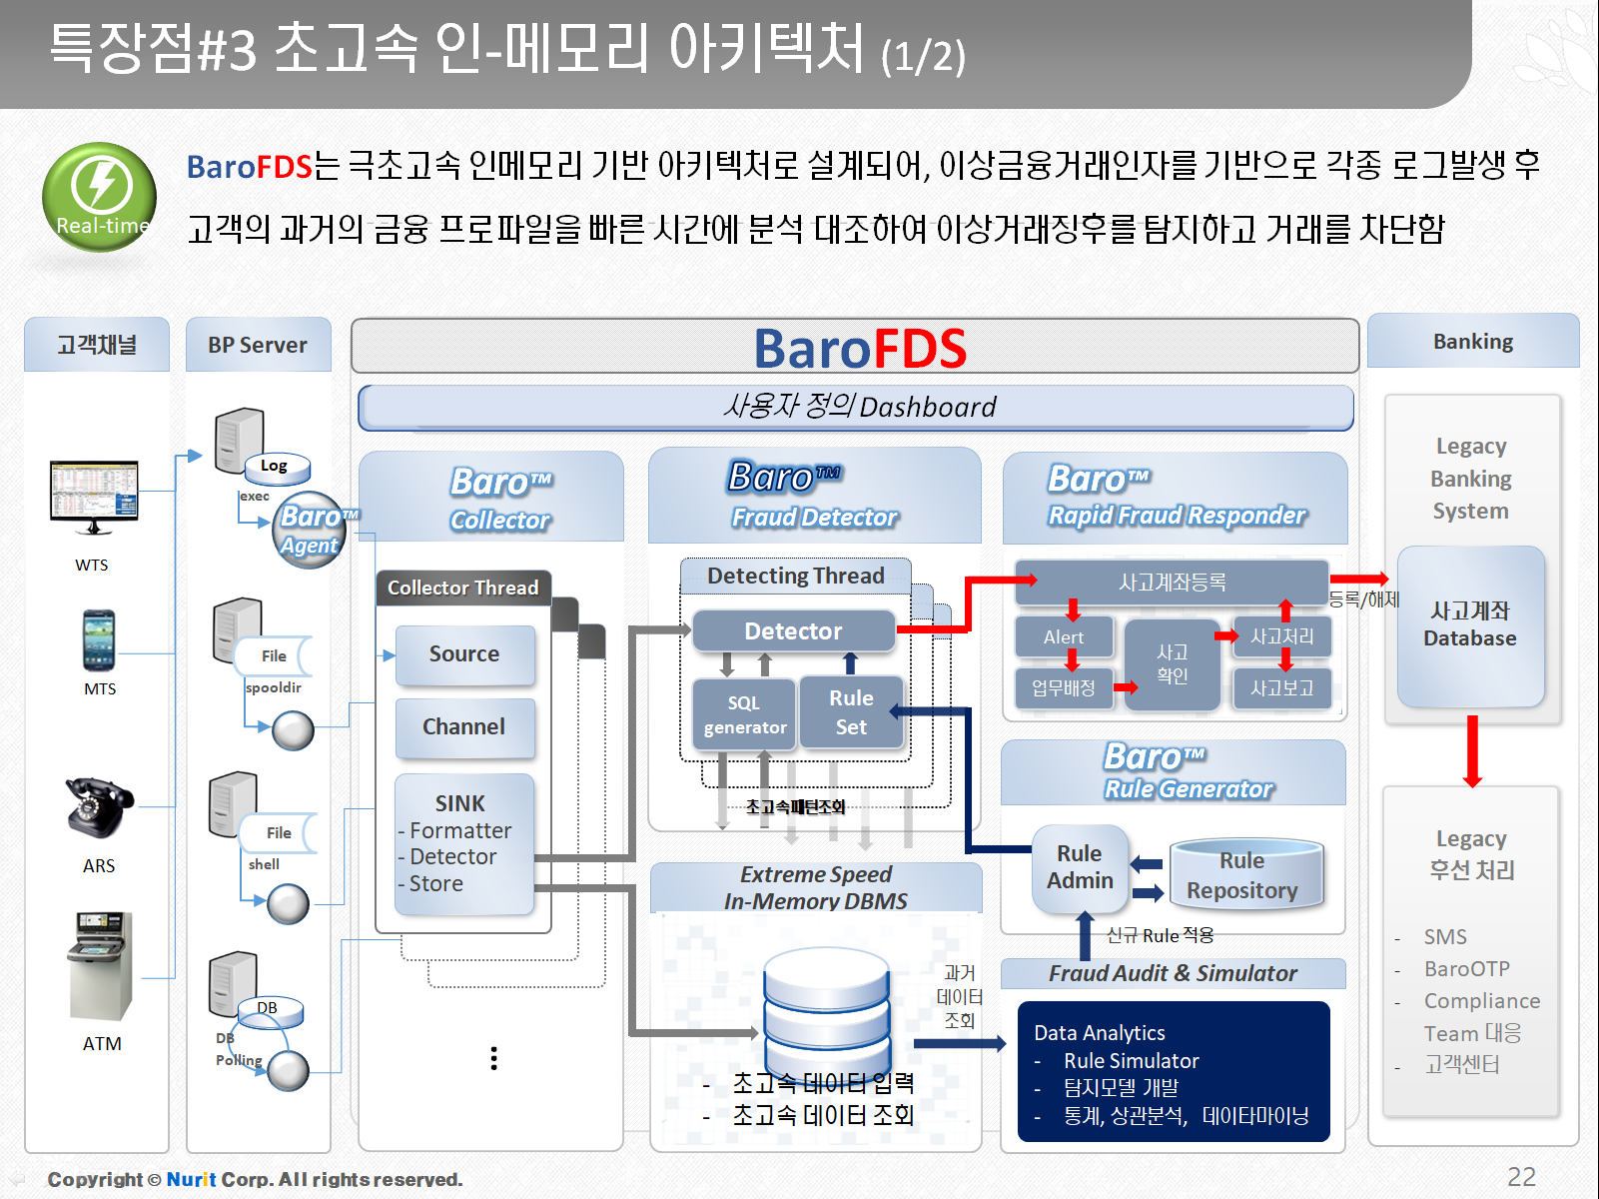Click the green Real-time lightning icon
click(x=99, y=196)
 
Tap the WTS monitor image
click(x=94, y=497)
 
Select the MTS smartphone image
click(x=99, y=640)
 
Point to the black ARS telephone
click(x=98, y=807)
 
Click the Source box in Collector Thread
click(x=464, y=654)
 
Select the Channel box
click(x=464, y=727)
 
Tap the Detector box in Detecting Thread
click(x=793, y=631)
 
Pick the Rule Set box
click(x=851, y=712)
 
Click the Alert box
click(x=1064, y=637)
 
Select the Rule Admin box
click(x=1080, y=867)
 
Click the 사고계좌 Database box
click(x=1470, y=625)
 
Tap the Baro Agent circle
click(x=310, y=531)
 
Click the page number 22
click(x=1521, y=1177)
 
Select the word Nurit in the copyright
click(x=191, y=1180)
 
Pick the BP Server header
click(x=258, y=346)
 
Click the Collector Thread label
click(x=462, y=589)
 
